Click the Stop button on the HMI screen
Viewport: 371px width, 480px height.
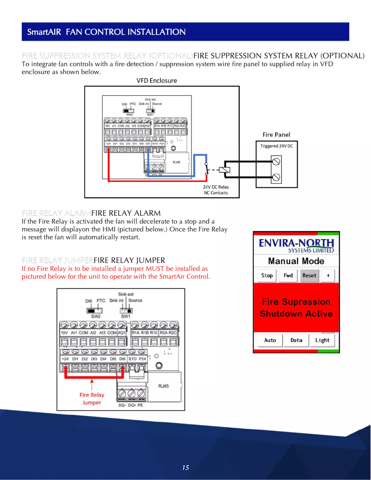267,275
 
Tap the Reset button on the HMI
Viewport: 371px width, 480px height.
309,275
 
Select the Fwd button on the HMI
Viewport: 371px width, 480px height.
288,275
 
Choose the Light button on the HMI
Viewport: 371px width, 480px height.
322,340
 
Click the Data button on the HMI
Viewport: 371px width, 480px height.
297,340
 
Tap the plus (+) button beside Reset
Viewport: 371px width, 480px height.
328,275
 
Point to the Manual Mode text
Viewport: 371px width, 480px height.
296,261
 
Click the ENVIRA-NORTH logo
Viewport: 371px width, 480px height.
296,244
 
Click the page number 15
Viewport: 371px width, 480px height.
185,468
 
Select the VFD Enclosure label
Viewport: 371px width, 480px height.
157,81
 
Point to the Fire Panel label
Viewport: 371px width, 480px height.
276,135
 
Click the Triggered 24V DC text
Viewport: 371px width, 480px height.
277,146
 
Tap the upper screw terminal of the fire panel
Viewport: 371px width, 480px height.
277,162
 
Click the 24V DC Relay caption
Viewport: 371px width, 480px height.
216,187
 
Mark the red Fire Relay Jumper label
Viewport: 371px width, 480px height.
92,399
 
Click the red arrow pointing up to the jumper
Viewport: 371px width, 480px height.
93,384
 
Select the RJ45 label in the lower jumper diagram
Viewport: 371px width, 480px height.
164,386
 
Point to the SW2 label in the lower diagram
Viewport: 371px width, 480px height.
96,317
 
